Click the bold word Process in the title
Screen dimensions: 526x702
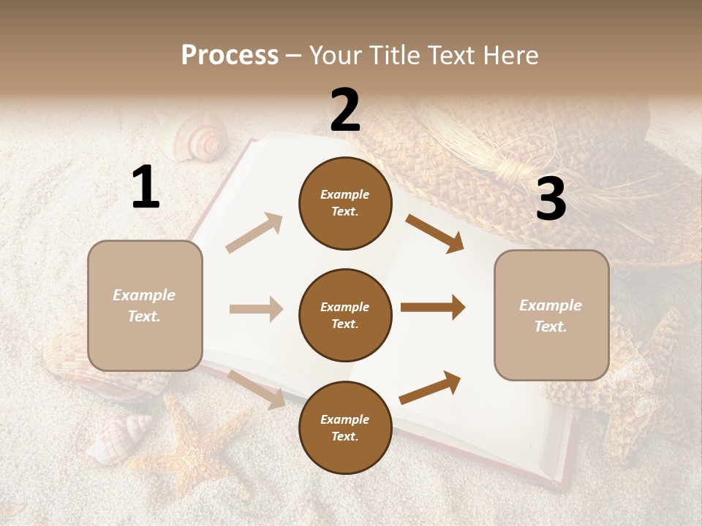tap(230, 55)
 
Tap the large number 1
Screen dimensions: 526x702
tap(145, 188)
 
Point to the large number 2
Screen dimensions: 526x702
tap(345, 110)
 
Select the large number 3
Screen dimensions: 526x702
tap(551, 199)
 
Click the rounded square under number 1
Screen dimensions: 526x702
tap(145, 305)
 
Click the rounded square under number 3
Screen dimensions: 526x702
tap(551, 316)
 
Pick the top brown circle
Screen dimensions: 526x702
tap(345, 203)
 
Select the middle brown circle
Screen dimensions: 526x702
tap(345, 315)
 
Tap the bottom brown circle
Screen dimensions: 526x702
tap(345, 427)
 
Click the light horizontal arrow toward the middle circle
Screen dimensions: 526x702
tap(256, 309)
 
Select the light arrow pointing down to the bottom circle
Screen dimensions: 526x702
tap(257, 389)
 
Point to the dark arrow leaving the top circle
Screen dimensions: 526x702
tap(435, 234)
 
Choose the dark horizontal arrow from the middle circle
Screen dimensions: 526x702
tap(433, 308)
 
